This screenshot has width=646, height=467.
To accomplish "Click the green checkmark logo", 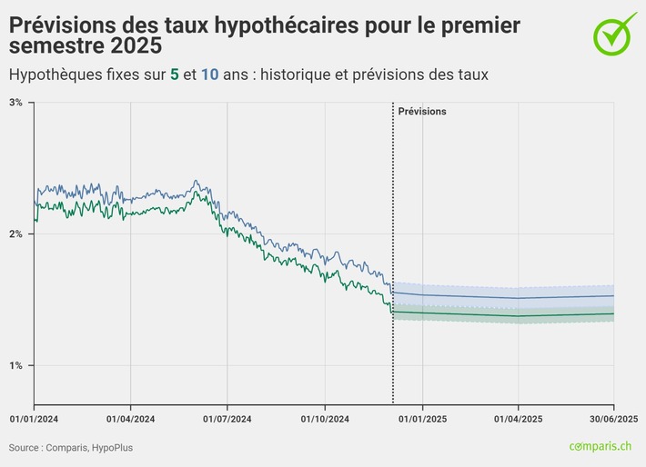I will coord(616,32).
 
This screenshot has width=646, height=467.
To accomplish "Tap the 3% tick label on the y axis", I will coord(15,103).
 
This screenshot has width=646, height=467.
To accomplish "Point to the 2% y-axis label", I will coord(15,234).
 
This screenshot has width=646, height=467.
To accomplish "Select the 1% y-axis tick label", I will coord(15,366).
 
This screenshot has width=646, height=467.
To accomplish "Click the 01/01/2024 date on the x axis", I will coord(34,419).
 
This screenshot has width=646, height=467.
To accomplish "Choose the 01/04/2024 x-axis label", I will coord(130,419).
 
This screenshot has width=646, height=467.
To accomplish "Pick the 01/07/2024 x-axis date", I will coord(227,419).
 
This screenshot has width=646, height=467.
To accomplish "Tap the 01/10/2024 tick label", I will coord(325,419).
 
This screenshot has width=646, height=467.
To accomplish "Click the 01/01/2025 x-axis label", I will coord(422,419).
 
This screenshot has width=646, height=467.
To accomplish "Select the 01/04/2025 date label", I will coord(519,419).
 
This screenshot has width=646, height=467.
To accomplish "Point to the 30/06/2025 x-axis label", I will coord(611,419).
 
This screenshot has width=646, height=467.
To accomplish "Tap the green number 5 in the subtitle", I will coord(174,75).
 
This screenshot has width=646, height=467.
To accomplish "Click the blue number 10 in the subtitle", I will coord(210,75).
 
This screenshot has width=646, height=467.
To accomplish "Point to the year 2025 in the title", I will coord(133,45).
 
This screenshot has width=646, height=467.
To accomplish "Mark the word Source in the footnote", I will coord(25,448).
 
